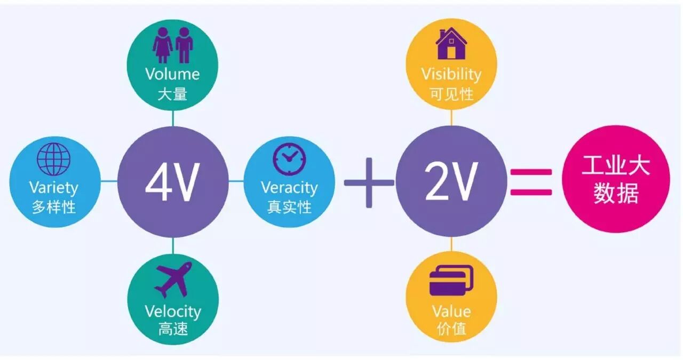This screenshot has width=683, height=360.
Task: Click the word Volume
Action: [x=172, y=74]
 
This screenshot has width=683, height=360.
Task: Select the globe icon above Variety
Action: [x=53, y=159]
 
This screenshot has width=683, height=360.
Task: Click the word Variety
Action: [x=53, y=188]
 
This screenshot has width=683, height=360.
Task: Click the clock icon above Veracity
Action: [x=289, y=157]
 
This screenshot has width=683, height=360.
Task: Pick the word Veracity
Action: [x=289, y=188]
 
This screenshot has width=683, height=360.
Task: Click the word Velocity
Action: [x=173, y=311]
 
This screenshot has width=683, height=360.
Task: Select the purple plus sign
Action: [x=369, y=183]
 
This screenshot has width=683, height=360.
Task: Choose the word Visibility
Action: [x=451, y=74]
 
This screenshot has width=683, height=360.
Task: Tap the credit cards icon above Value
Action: [x=451, y=280]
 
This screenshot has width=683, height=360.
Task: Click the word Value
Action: [x=451, y=311]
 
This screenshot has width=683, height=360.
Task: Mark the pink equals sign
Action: [x=531, y=182]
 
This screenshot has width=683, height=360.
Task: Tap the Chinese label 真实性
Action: [x=289, y=207]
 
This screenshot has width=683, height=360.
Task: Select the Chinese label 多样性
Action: [x=53, y=207]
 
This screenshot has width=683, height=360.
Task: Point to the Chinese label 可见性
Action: [x=451, y=94]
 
